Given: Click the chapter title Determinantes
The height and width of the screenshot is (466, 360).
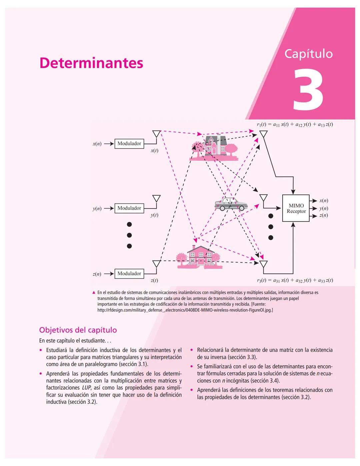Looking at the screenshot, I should point(91,63).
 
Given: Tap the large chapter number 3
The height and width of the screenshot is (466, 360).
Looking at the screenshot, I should point(308,90).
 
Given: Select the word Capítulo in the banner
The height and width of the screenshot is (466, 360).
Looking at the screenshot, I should point(308,54).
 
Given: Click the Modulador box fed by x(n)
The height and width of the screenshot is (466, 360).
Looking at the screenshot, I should point(129,143).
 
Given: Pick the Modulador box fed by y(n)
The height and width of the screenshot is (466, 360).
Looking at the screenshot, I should point(129,208).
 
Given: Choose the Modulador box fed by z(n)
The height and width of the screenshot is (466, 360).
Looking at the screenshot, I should point(129,274).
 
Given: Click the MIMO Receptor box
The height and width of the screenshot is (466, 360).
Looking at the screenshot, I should point(296,208).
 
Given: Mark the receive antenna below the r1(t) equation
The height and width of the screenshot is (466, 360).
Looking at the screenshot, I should point(263,134).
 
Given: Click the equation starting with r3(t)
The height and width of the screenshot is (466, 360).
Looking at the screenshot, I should point(295,281).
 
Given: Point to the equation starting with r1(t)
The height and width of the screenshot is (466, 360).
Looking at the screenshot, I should point(295,124).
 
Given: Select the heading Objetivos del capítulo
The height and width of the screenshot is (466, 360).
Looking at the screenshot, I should point(78,330).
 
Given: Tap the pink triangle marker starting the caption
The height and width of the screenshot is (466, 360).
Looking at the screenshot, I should point(94,293).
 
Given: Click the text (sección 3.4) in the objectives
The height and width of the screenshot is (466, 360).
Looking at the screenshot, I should point(265,381).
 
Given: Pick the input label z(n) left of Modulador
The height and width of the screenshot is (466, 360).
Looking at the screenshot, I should point(97,274).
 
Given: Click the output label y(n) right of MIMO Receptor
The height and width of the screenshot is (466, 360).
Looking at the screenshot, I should point(323,208).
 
